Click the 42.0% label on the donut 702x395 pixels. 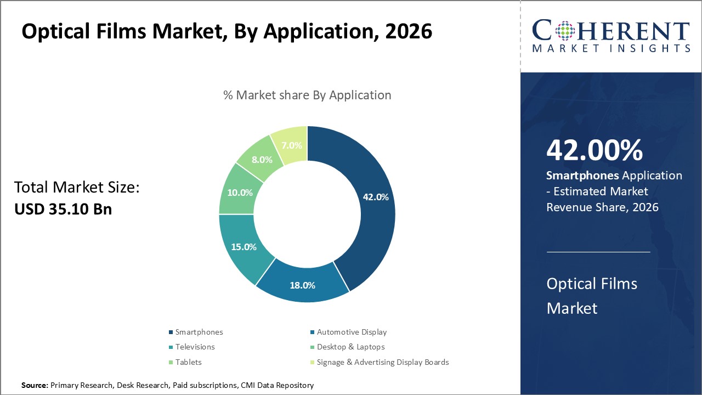click(376, 197)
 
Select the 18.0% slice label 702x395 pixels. click(302, 285)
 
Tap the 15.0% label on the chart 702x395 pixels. click(244, 247)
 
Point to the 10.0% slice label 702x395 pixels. click(240, 193)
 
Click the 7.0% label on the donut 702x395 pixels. click(291, 145)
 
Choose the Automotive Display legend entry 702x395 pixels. click(352, 332)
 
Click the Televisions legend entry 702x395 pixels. click(195, 347)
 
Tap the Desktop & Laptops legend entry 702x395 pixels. click(350, 347)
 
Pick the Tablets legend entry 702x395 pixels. click(188, 362)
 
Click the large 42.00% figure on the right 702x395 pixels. click(595, 150)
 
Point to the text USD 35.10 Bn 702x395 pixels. click(63, 209)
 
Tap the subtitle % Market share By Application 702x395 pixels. click(307, 95)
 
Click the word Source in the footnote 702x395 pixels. click(34, 386)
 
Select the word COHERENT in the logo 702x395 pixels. click(611, 31)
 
